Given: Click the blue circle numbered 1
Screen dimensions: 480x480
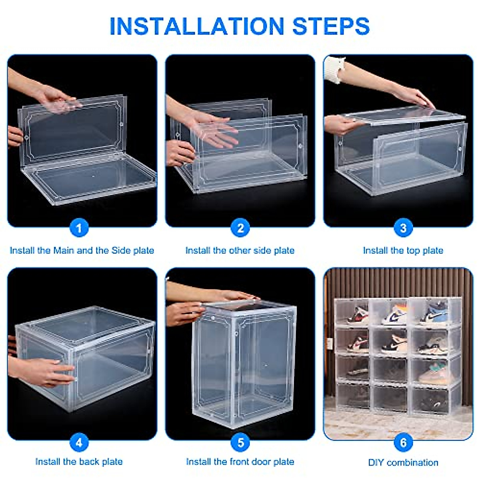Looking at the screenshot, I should pyautogui.click(x=79, y=228).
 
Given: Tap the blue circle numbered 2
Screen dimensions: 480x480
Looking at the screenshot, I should pyautogui.click(x=240, y=228).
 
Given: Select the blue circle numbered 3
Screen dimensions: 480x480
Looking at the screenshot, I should pyautogui.click(x=403, y=228).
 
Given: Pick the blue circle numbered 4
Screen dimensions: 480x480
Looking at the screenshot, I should pyautogui.click(x=79, y=442).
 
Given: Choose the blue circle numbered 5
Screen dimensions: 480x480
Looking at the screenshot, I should pyautogui.click(x=240, y=442).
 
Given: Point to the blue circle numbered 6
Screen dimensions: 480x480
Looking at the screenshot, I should pyautogui.click(x=403, y=442).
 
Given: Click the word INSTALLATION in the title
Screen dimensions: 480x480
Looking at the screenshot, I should pyautogui.click(x=196, y=26).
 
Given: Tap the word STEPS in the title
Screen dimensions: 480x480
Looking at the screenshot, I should pyautogui.click(x=331, y=26).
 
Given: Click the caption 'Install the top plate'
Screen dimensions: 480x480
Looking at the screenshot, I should pyautogui.click(x=403, y=251).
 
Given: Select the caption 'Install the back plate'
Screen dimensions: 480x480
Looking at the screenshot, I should pyautogui.click(x=79, y=462).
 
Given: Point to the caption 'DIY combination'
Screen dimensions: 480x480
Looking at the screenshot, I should pyautogui.click(x=403, y=463).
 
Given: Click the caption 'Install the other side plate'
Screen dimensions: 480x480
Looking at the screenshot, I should pyautogui.click(x=240, y=251).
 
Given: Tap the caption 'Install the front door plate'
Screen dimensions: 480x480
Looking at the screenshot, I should pyautogui.click(x=240, y=462).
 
